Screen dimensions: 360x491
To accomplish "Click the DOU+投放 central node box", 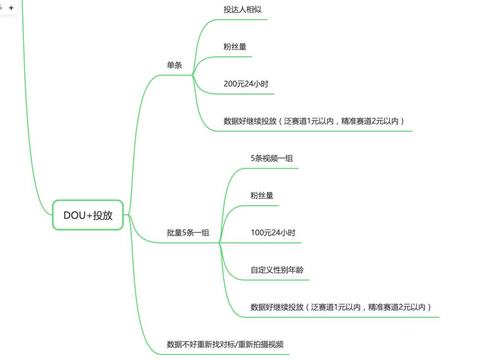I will coord(88,215).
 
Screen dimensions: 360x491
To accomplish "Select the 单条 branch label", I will coord(174,65).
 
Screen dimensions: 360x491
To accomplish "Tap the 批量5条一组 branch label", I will coord(188,233).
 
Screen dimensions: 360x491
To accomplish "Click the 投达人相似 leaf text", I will coord(243,9).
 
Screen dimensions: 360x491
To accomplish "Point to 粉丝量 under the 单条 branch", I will coord(235,47).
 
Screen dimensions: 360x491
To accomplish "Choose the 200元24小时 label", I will coord(246,84).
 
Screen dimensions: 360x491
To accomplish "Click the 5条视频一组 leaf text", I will coord(272,158).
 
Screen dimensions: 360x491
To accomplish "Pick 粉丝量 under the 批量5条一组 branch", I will coord(262,195).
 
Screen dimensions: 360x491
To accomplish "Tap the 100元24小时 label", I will coord(273,233).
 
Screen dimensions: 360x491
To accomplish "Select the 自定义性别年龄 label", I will coord(277,270).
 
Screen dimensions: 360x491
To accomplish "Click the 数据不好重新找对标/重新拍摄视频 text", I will coord(225,344).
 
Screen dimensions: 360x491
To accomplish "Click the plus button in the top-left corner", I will coord(11,8).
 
